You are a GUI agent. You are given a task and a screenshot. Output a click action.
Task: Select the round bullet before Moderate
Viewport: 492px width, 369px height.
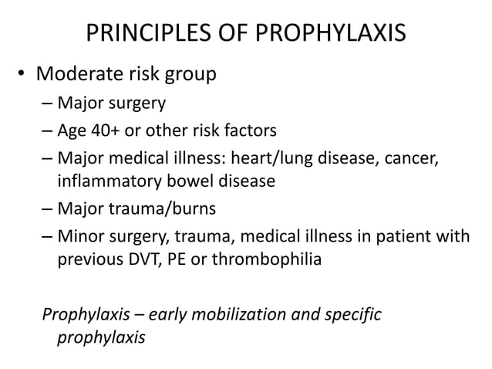click(23, 75)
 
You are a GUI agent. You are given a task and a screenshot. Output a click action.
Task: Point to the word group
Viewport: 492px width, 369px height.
click(188, 76)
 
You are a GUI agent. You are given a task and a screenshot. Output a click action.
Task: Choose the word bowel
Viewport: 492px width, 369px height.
click(186, 182)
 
